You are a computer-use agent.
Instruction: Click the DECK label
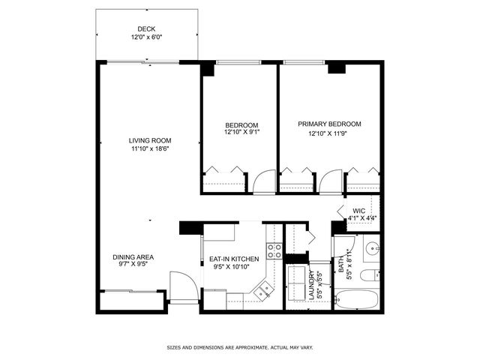[x=146, y=29]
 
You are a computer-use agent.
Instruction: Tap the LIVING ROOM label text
[x=150, y=141]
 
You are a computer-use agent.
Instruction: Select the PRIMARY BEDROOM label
[x=329, y=124]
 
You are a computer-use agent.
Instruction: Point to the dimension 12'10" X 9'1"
[x=241, y=132]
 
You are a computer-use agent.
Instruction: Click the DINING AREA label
[x=133, y=257]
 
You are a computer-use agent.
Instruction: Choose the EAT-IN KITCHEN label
[x=234, y=259]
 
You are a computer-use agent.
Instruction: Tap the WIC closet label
[x=358, y=211]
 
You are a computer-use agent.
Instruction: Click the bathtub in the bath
[x=356, y=299]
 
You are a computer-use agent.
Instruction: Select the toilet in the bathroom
[x=370, y=275]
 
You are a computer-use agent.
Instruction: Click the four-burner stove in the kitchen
[x=274, y=251]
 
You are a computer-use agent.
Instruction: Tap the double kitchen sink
[x=263, y=291]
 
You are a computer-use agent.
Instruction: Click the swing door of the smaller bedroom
[x=265, y=181]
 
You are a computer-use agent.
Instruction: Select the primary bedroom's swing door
[x=331, y=181]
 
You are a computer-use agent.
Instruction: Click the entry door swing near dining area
[x=184, y=286]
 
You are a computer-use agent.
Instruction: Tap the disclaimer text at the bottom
[x=240, y=347]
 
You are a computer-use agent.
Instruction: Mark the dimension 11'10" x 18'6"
[x=150, y=149]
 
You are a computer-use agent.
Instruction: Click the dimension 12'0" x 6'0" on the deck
[x=147, y=37]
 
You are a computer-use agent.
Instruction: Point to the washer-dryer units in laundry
[x=297, y=283]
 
